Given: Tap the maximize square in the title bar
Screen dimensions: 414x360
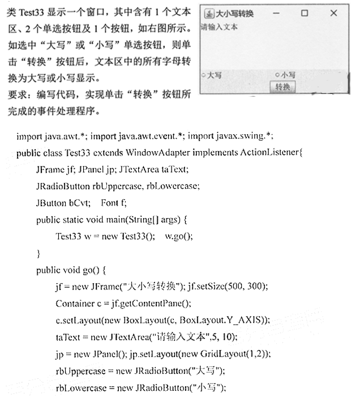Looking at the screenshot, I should (304, 12).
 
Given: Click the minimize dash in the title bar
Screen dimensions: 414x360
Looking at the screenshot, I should (276, 12).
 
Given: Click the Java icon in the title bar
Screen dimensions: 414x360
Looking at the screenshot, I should (209, 13).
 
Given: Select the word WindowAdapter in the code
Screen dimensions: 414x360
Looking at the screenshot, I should (158, 153).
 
